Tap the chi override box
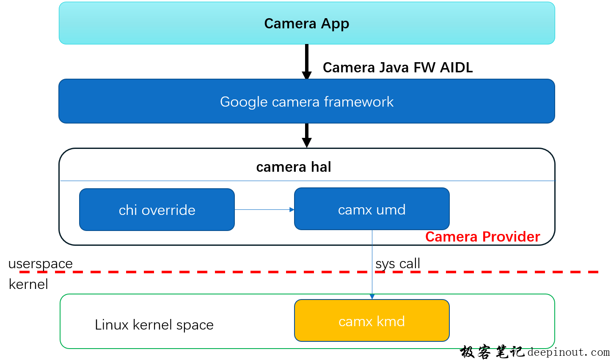coord(157,210)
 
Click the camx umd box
coord(372,209)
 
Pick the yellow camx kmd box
coord(372,321)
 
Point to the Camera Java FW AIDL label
coord(397,68)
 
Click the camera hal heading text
coord(294,167)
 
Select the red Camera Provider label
coord(482,237)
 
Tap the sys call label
coord(398,264)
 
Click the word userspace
coord(41,264)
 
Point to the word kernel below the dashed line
coord(28,284)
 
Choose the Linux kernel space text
coord(154,325)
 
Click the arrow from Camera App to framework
coord(307,61)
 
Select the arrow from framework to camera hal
coord(307,135)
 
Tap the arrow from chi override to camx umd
coord(264,209)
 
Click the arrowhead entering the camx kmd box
coord(372,297)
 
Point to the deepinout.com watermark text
coord(568,352)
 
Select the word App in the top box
coord(335,24)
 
